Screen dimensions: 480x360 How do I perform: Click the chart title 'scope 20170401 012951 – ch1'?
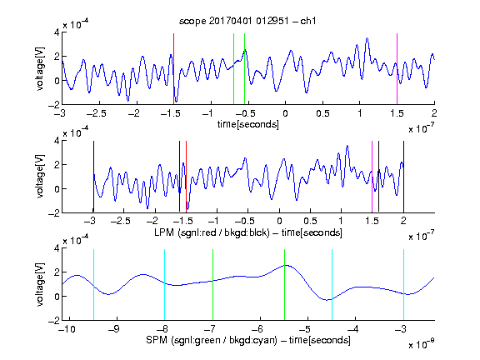pos(247,21)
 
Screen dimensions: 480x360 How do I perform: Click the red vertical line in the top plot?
pos(173,69)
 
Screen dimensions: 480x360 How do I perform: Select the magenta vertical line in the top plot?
pos(397,69)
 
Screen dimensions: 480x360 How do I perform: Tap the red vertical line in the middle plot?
pos(186,177)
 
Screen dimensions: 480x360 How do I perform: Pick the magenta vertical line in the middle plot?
pos(372,177)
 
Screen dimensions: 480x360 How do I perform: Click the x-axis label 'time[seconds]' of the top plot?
pos(248,124)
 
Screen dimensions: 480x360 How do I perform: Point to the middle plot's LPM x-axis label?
pos(248,232)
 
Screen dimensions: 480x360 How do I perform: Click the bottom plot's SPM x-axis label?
pos(248,340)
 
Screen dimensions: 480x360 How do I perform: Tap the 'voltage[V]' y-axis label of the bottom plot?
pos(40,284)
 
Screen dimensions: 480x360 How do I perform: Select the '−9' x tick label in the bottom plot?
pos(114,329)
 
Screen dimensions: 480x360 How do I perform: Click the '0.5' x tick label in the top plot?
pos(322,113)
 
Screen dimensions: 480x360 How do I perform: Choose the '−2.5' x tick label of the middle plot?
pos(121,221)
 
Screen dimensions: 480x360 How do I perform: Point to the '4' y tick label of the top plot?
pos(57,32)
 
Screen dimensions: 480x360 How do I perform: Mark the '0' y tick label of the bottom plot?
pos(57,297)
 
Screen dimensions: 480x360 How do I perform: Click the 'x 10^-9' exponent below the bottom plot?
pos(421,344)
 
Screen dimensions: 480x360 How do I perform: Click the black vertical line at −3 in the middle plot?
pos(93,177)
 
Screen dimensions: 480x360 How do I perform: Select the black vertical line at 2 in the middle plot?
pos(404,177)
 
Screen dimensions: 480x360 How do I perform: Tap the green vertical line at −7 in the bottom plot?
pos(212,285)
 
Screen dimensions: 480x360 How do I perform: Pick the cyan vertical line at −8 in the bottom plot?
pos(165,285)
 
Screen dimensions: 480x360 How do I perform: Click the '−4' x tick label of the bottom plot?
pos(353,329)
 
